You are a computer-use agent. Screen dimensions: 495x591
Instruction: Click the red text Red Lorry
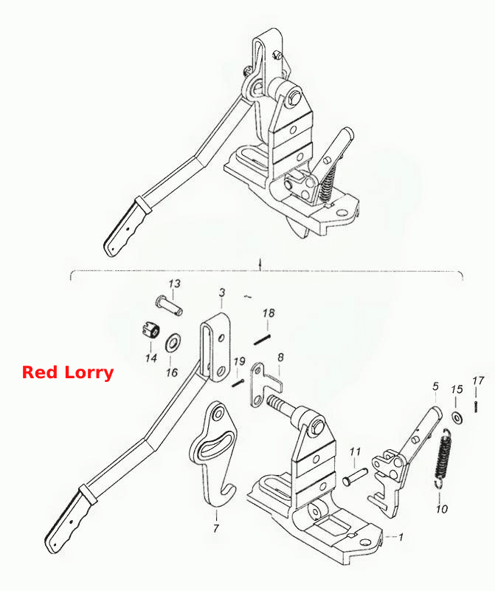pyautogui.click(x=68, y=372)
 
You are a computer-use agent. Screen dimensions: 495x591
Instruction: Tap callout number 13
pyautogui.click(x=174, y=284)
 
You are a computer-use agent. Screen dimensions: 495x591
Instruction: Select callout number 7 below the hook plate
pyautogui.click(x=215, y=528)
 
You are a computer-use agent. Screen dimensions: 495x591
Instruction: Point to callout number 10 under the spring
pyautogui.click(x=442, y=509)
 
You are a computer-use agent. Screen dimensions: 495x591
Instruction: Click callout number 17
pyautogui.click(x=478, y=380)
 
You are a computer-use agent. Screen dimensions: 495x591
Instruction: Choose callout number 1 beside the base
pyautogui.click(x=401, y=536)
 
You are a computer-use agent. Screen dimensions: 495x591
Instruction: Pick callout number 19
pyautogui.click(x=239, y=362)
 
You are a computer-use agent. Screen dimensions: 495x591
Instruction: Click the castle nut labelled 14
pyautogui.click(x=151, y=330)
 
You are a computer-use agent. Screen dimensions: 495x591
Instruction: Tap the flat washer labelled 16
pyautogui.click(x=173, y=343)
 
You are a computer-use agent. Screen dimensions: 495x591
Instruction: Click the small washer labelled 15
pyautogui.click(x=457, y=418)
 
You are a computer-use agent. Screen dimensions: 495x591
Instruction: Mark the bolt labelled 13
pyautogui.click(x=170, y=306)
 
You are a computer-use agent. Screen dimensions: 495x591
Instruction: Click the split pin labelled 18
pyautogui.click(x=262, y=339)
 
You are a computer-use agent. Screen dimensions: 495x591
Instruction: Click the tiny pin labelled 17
pyautogui.click(x=476, y=407)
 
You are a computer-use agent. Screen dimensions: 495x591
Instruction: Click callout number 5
pyautogui.click(x=435, y=386)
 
